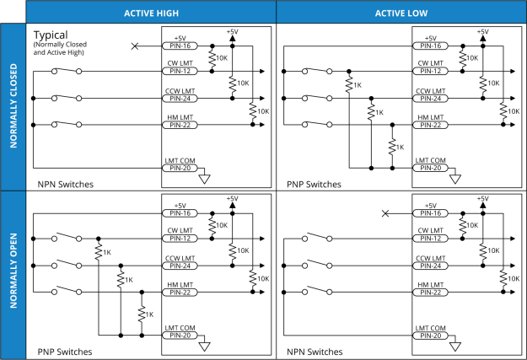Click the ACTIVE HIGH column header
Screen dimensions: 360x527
point(151,13)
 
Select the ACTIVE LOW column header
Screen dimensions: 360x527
point(401,13)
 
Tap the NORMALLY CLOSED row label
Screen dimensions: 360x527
point(13,107)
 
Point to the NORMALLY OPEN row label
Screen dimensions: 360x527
point(13,276)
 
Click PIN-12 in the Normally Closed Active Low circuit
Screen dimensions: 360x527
point(431,72)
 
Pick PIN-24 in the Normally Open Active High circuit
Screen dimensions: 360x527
point(180,266)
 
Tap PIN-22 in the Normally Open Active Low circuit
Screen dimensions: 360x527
point(431,293)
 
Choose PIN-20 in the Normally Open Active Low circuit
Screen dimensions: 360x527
point(431,335)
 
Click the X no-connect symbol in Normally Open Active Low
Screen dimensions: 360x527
point(386,213)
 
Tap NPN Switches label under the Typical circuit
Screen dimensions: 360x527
point(65,183)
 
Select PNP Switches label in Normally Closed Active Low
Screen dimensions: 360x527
point(315,183)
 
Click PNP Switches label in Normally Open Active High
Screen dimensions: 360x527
point(65,351)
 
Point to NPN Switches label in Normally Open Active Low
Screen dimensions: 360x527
point(315,351)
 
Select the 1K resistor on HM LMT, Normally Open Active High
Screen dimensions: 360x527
point(142,314)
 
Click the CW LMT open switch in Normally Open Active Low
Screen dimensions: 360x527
point(317,238)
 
